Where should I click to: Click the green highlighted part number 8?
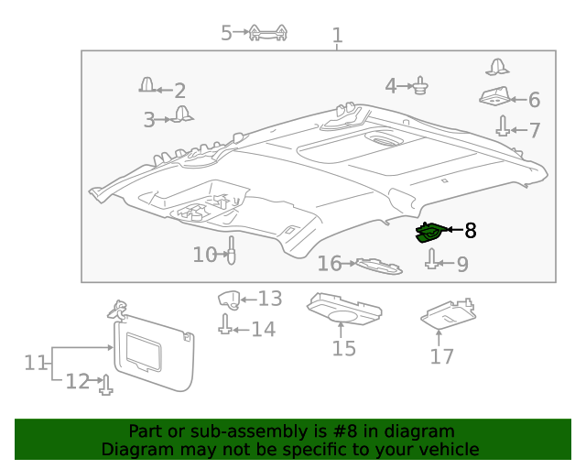[429, 233]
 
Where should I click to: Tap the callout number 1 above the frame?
[337, 36]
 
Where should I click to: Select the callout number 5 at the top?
[227, 33]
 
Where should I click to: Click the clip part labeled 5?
[269, 34]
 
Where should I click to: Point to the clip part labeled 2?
[147, 86]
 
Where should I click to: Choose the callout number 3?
[149, 119]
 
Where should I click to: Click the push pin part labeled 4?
[421, 87]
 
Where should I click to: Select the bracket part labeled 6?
[494, 96]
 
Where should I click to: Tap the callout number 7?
[534, 130]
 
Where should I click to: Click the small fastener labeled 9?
[431, 262]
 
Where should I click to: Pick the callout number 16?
[329, 265]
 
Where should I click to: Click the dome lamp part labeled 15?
[343, 310]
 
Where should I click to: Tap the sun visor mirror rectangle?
[143, 349]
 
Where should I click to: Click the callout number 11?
[35, 363]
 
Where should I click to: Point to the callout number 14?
[263, 330]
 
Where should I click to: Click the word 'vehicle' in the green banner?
[447, 450]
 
